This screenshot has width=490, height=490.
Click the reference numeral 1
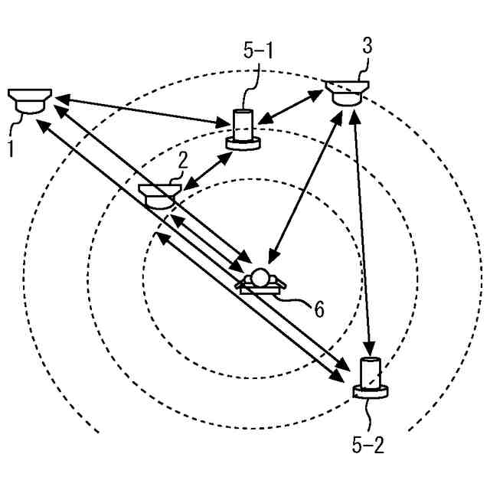pyautogui.click(x=10, y=146)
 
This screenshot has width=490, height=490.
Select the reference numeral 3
pyautogui.click(x=367, y=46)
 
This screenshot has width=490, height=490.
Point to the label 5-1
pyautogui.click(x=259, y=51)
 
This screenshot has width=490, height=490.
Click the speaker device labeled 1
pyautogui.click(x=29, y=100)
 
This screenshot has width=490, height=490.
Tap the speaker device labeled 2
pyautogui.click(x=158, y=194)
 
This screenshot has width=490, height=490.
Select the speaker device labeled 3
pyautogui.click(x=347, y=91)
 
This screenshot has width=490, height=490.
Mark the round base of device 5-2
pyautogui.click(x=372, y=393)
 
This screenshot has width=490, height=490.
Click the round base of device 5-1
pyautogui.click(x=244, y=143)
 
